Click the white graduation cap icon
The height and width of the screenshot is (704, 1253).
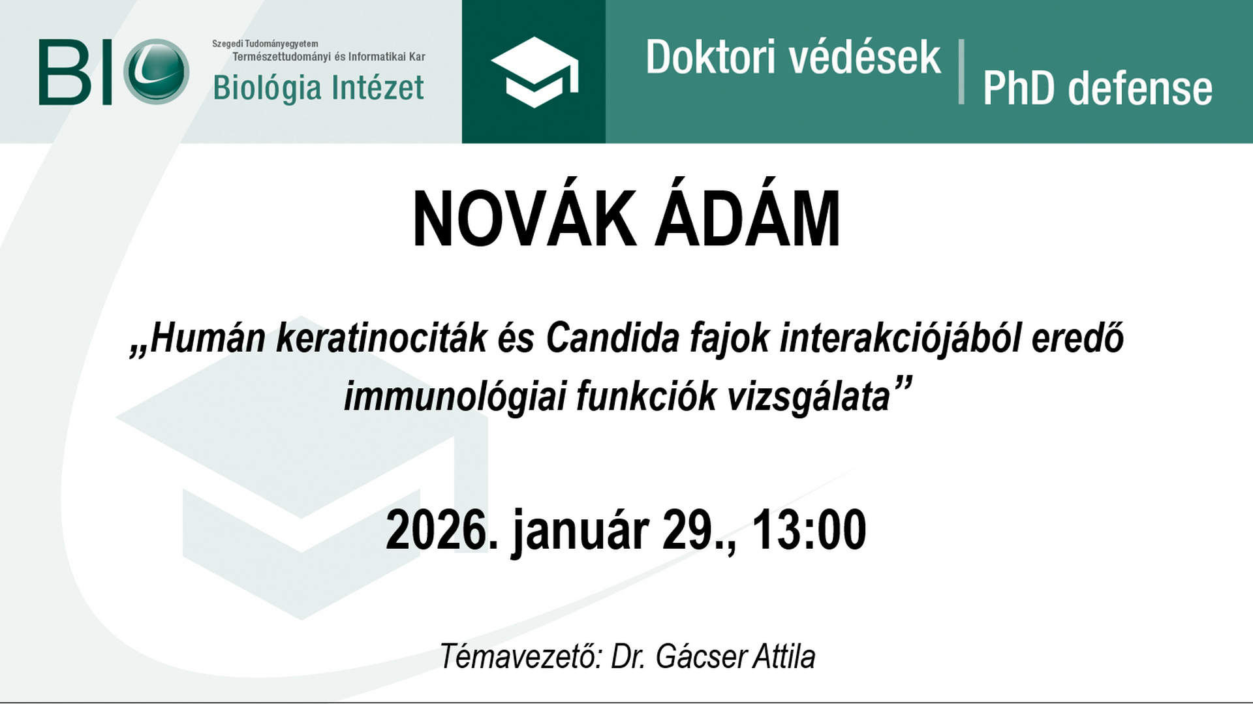[535, 72]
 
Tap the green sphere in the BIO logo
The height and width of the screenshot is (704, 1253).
[157, 72]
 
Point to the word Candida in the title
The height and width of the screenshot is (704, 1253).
[613, 337]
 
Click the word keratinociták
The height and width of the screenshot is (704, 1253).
[382, 337]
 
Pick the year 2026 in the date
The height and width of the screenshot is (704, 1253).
[437, 529]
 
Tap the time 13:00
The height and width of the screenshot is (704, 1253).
[809, 529]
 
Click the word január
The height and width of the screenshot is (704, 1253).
[581, 532]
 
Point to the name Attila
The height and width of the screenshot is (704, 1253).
[784, 656]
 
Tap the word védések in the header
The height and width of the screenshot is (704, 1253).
[864, 57]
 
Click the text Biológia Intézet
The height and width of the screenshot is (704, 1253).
[318, 88]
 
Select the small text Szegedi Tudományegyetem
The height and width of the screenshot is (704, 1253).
[265, 44]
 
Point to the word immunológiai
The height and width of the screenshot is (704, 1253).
[454, 396]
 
